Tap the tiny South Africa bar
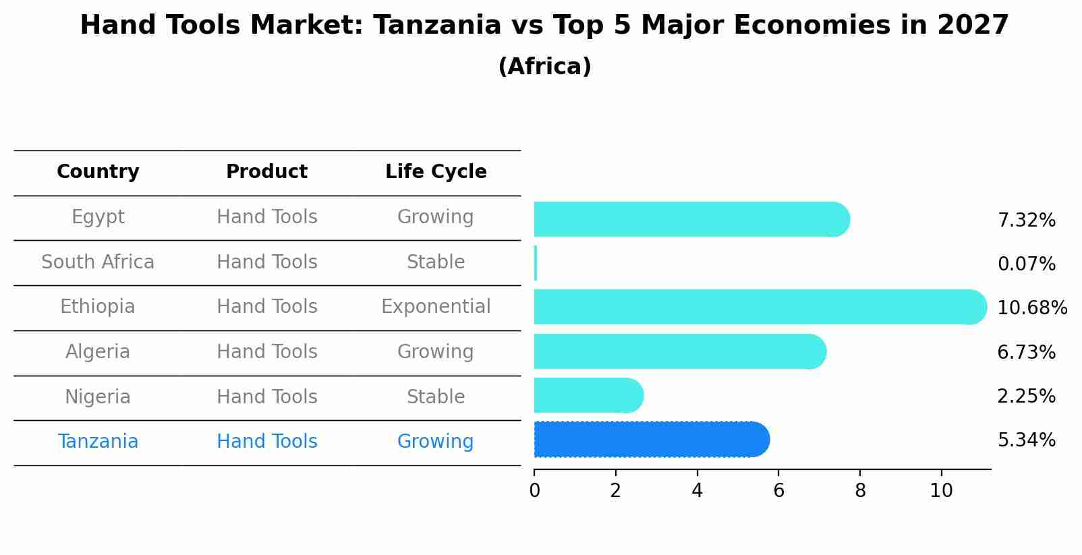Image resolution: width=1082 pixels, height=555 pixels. [536, 263]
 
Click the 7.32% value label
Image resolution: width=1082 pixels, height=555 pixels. [1026, 221]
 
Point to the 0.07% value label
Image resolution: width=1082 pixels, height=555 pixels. [1026, 264]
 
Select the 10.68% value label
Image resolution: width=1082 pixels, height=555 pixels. [1031, 308]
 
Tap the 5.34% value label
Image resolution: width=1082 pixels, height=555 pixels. [1026, 440]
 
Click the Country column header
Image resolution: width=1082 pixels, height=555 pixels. [98, 172]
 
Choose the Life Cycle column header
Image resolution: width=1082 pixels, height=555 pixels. [436, 172]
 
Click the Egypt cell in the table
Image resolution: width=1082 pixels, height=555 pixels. [98, 217]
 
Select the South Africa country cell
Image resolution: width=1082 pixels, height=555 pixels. [98, 262]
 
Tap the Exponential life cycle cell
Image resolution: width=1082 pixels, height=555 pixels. [436, 307]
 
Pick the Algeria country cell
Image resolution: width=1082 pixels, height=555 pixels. [98, 352]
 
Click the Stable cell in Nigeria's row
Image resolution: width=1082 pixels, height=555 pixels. [436, 397]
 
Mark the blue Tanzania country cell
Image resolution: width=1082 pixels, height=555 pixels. [98, 442]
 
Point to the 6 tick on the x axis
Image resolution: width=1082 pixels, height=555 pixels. [778, 491]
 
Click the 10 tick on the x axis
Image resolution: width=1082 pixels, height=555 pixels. [941, 491]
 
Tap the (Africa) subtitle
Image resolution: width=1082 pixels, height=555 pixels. [544, 67]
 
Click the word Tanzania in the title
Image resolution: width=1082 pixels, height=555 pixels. [436, 26]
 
